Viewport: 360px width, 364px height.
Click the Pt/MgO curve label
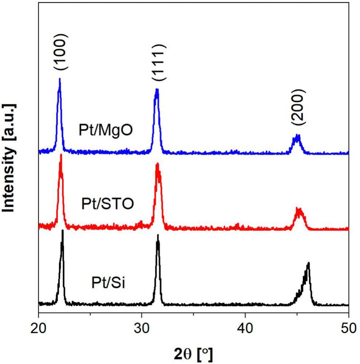tap(106, 130)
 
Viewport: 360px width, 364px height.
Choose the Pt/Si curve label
tap(108, 282)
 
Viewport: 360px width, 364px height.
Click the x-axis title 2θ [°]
tap(193, 352)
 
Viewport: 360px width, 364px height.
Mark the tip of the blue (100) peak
tap(60, 78)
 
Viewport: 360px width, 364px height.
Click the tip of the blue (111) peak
tap(157, 89)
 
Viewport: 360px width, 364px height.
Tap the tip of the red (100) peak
tap(61, 155)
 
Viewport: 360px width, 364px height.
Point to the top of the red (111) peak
tap(157, 163)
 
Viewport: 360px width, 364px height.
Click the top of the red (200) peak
tap(298, 209)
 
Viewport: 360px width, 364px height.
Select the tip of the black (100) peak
tap(62, 230)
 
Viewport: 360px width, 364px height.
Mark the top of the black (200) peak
tap(308, 263)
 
